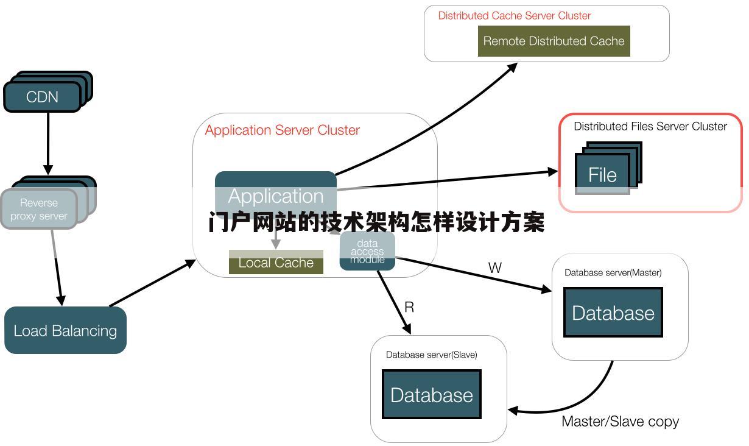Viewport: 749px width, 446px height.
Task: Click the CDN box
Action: coord(43,97)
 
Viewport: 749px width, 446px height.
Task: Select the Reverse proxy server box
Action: coord(39,209)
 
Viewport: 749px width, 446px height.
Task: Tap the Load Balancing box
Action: coord(65,330)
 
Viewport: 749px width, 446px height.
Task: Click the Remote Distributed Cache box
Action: coord(554,41)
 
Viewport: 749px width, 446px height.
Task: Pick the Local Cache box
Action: coord(276,263)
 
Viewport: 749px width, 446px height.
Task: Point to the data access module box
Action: coord(367,251)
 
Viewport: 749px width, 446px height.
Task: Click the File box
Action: coord(602,175)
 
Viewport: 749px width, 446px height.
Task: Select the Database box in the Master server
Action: coord(613,313)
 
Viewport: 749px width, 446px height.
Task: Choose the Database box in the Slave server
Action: coord(431,394)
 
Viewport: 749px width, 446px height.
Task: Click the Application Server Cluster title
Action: coord(282,130)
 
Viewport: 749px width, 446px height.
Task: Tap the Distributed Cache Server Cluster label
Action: coord(514,16)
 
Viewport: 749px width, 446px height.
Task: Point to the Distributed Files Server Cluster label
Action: coord(650,126)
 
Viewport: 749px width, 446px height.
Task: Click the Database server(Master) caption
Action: coord(613,272)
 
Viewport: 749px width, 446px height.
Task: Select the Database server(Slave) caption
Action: coord(431,355)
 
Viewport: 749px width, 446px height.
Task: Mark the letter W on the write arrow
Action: coord(494,267)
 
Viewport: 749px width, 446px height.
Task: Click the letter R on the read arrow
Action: coord(409,307)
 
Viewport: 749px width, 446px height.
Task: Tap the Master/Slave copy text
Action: coord(620,421)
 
